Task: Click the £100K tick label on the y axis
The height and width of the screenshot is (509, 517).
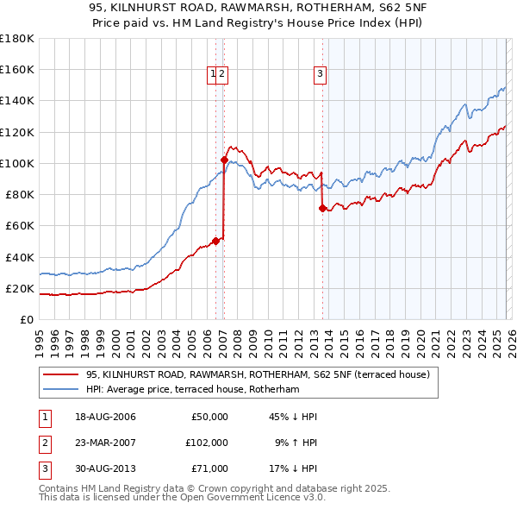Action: (16, 163)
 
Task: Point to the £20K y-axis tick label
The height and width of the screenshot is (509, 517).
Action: (19, 288)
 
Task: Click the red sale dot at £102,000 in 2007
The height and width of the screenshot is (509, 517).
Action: (224, 160)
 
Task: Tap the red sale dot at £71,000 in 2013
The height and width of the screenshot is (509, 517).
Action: (322, 208)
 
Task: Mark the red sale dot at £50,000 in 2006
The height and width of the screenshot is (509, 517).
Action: (215, 241)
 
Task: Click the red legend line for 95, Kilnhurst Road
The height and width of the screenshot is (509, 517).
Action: (59, 375)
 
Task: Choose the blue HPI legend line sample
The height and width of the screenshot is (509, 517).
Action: (59, 390)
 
